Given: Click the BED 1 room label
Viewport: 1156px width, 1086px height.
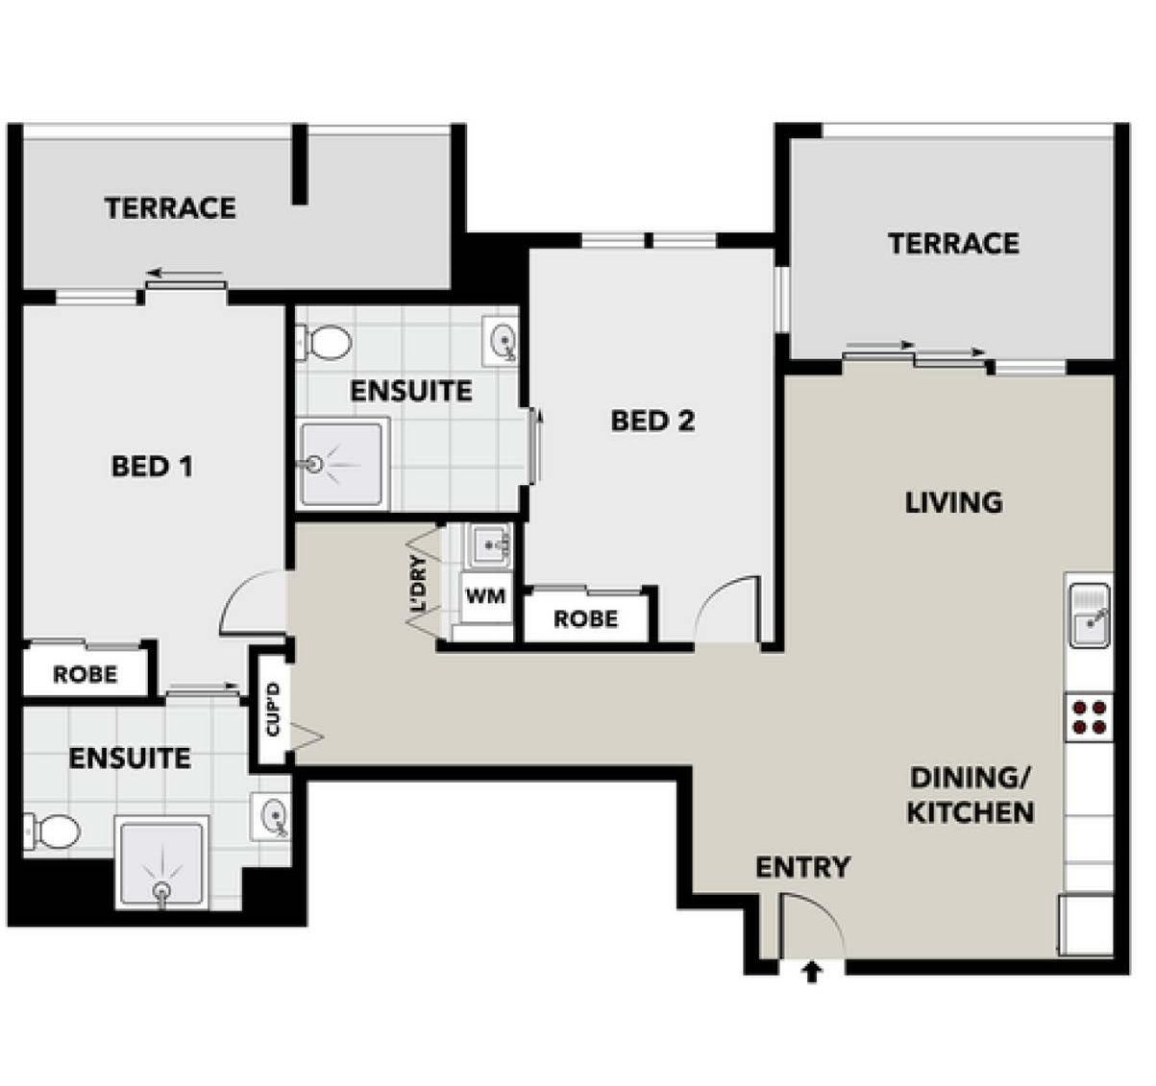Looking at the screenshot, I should [x=152, y=467].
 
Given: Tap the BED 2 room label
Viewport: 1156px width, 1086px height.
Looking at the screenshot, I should [x=652, y=421].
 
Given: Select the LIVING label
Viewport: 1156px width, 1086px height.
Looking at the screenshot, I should [x=953, y=502].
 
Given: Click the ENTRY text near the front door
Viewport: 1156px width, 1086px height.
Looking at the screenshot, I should [x=802, y=867].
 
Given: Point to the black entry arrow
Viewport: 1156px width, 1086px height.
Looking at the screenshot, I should [x=812, y=973].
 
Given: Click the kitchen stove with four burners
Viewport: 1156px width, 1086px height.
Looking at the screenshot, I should [x=1089, y=716].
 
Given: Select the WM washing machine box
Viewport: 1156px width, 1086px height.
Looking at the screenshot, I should [x=485, y=596].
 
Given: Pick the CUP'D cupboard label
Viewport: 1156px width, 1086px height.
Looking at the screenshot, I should [x=273, y=709].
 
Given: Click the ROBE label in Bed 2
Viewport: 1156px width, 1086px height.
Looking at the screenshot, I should [x=585, y=619].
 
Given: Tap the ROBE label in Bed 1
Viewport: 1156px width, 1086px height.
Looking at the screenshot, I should [x=85, y=674].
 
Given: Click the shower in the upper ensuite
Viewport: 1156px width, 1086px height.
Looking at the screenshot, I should [x=342, y=463].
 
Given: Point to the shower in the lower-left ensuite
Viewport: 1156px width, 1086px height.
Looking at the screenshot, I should [x=161, y=862].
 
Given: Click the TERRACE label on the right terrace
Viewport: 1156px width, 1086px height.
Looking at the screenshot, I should [x=952, y=243].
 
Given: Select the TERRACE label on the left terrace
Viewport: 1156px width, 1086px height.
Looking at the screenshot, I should [x=170, y=207].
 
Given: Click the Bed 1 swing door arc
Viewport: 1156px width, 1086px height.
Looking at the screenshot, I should [x=252, y=603].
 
